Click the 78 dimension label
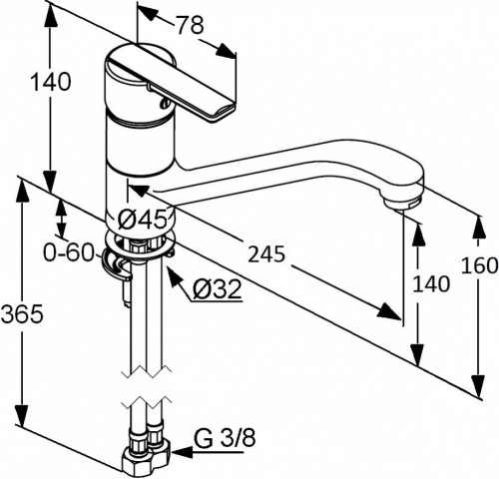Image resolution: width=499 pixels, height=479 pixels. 190,25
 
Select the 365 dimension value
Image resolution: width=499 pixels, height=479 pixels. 22,313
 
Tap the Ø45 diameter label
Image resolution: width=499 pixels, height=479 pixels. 142,220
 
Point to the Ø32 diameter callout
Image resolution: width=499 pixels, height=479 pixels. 217,288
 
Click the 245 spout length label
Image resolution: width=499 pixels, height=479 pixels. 266,254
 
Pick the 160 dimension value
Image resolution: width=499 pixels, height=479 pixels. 479,265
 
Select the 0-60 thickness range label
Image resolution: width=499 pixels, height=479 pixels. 69,252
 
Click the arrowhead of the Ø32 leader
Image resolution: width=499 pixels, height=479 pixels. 175,276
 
